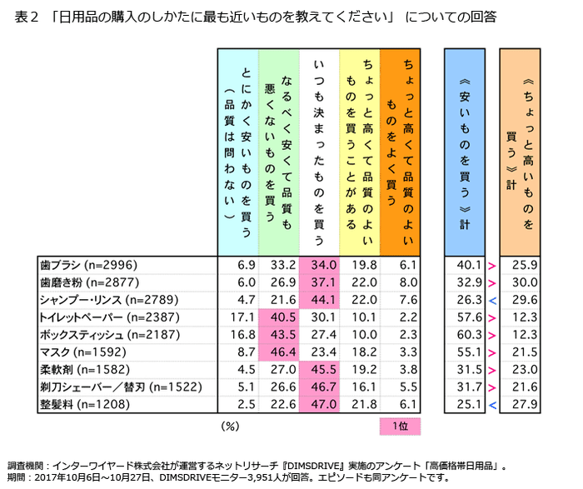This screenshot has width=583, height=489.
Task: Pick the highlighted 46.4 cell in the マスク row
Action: click(278, 352)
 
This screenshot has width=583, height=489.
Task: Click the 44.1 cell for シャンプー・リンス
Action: click(319, 300)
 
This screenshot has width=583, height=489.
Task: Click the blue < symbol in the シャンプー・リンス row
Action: click(492, 300)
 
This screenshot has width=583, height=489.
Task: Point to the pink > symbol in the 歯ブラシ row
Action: click(492, 265)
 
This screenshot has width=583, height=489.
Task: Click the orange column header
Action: click(400, 150)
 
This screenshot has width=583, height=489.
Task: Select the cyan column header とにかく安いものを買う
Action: click(237, 150)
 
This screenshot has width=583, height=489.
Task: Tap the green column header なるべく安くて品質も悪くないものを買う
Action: click(278, 150)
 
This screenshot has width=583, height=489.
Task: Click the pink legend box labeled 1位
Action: click(400, 427)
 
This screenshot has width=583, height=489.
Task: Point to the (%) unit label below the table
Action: click(231, 427)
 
